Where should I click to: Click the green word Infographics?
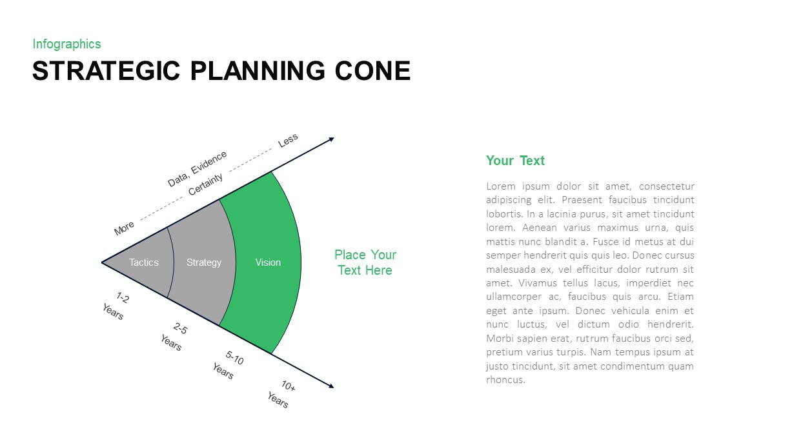(66, 44)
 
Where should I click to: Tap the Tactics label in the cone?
(143, 262)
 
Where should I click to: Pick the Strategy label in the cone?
(204, 262)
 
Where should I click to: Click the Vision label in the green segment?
(268, 262)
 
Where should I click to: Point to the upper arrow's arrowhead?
(331, 139)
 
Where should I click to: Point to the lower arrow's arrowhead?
(331, 386)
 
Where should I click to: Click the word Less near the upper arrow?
(288, 140)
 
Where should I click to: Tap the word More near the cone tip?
(124, 228)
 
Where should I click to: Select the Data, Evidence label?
(197, 168)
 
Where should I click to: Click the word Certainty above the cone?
(206, 185)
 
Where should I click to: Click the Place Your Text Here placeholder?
(365, 262)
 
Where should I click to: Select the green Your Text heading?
(515, 161)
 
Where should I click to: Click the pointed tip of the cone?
(103, 262)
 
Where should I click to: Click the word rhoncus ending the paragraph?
(505, 380)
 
